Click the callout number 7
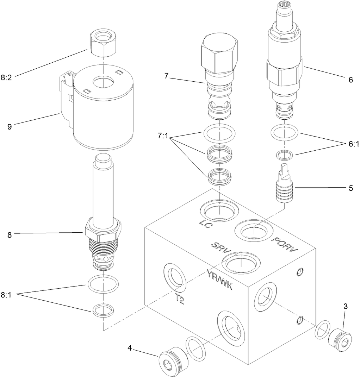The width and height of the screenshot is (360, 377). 167,75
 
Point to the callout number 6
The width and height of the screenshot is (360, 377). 350,80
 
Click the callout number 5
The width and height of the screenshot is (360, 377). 350,188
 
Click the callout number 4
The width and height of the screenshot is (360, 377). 130,348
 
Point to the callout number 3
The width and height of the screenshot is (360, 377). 346,306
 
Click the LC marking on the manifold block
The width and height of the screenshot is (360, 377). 205,224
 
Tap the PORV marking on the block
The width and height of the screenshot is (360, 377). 285,245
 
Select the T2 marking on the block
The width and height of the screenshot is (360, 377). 179,299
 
